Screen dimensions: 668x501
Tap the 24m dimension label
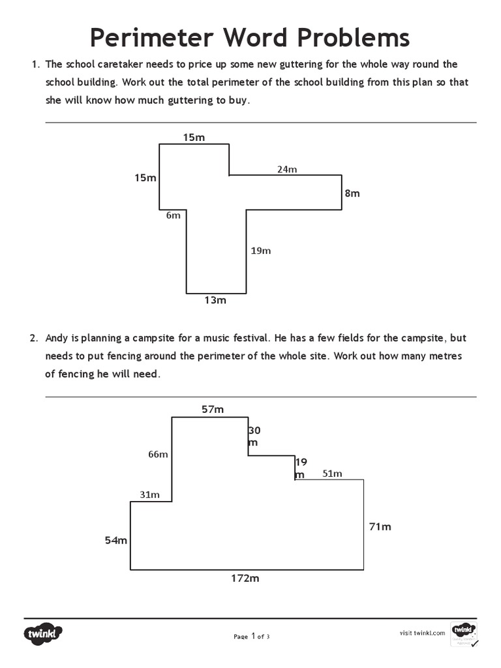(287, 169)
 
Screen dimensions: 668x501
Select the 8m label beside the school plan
(352, 193)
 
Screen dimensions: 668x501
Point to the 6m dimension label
(173, 215)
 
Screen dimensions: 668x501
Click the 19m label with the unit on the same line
(261, 250)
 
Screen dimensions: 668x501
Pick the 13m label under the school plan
(215, 300)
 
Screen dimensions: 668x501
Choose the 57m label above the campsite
(213, 409)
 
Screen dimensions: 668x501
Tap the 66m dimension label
(158, 454)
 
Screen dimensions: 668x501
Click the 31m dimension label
(149, 494)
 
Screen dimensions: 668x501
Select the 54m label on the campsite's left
(116, 540)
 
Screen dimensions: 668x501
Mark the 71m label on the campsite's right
(380, 526)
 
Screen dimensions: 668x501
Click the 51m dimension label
(332, 474)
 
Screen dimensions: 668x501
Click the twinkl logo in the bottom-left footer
(44, 633)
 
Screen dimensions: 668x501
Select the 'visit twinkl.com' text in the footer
(422, 632)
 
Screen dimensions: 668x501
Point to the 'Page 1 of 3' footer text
(251, 637)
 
